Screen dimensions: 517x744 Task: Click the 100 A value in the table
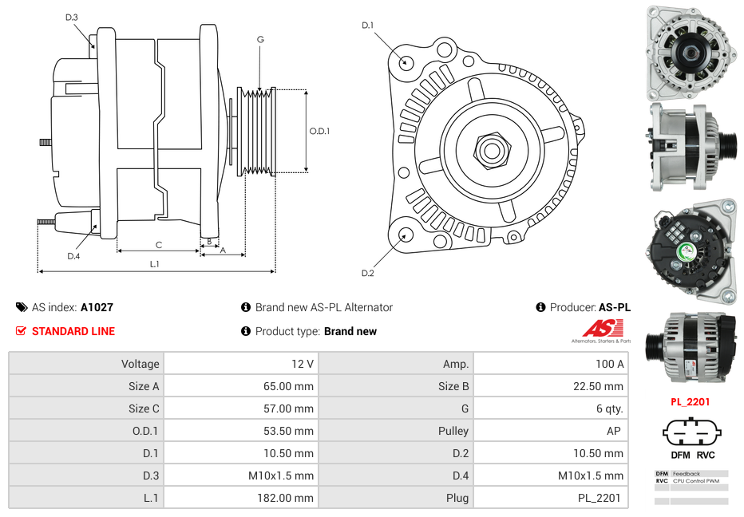(x=610, y=364)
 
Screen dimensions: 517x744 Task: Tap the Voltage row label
(x=140, y=364)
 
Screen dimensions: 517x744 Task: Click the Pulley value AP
(x=613, y=431)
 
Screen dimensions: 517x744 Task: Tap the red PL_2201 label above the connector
(x=690, y=402)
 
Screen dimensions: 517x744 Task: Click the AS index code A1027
(x=97, y=307)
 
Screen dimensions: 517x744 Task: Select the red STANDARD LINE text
(x=73, y=331)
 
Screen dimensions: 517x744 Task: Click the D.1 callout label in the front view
(x=367, y=26)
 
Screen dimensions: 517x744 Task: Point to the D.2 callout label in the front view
(x=367, y=274)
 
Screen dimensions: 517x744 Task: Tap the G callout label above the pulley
(x=260, y=39)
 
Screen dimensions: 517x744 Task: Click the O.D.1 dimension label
(x=319, y=131)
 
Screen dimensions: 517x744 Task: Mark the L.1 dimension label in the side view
(x=155, y=264)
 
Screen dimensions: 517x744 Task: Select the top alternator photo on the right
(x=690, y=53)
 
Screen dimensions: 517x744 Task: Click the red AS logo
(x=603, y=328)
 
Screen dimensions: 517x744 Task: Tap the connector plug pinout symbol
(x=691, y=434)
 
